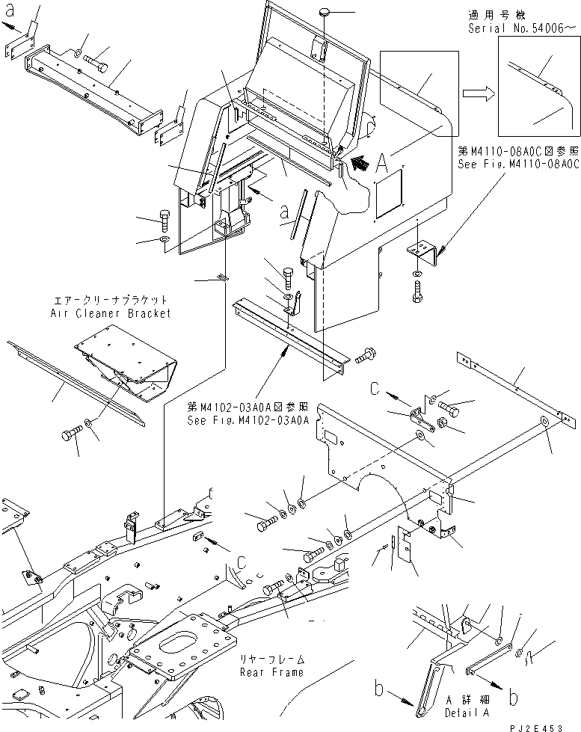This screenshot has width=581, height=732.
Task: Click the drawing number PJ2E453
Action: [547, 726]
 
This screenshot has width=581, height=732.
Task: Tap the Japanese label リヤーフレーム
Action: [271, 659]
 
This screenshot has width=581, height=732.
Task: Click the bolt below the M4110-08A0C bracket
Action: [417, 292]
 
